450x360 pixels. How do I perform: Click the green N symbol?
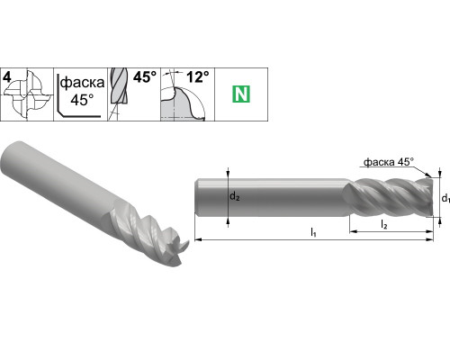pyautogui.click(x=241, y=94)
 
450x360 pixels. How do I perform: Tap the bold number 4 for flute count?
pyautogui.click(x=7, y=77)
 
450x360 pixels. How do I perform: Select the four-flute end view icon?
pyautogui.click(x=28, y=95)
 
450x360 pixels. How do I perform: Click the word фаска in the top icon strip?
pyautogui.click(x=82, y=82)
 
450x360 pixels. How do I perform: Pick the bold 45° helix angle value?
pyautogui.click(x=145, y=77)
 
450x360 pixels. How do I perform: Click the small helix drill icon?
pyautogui.click(x=119, y=94)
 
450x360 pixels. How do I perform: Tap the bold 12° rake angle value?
pyautogui.click(x=198, y=77)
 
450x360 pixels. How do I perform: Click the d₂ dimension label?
pyautogui.click(x=235, y=197)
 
